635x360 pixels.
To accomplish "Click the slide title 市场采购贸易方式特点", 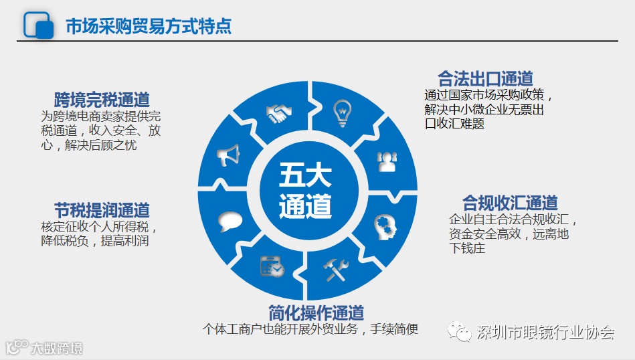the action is coord(149,25).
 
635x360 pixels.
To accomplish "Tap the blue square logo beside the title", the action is coord(39,25).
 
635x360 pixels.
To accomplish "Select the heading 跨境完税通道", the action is coord(102,100).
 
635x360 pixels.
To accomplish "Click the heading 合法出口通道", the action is coord(485,78).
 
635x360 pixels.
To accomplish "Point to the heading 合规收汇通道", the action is coord(510,202).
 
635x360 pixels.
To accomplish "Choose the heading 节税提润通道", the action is coord(102,209).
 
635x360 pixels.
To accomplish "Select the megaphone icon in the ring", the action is coord(228,156).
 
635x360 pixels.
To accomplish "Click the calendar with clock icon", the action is coord(272,266).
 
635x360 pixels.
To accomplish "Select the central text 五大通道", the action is coord(306,191).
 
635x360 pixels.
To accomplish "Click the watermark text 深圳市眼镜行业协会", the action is coord(544,333).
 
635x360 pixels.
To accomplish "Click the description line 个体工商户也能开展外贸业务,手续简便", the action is coord(310,329).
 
